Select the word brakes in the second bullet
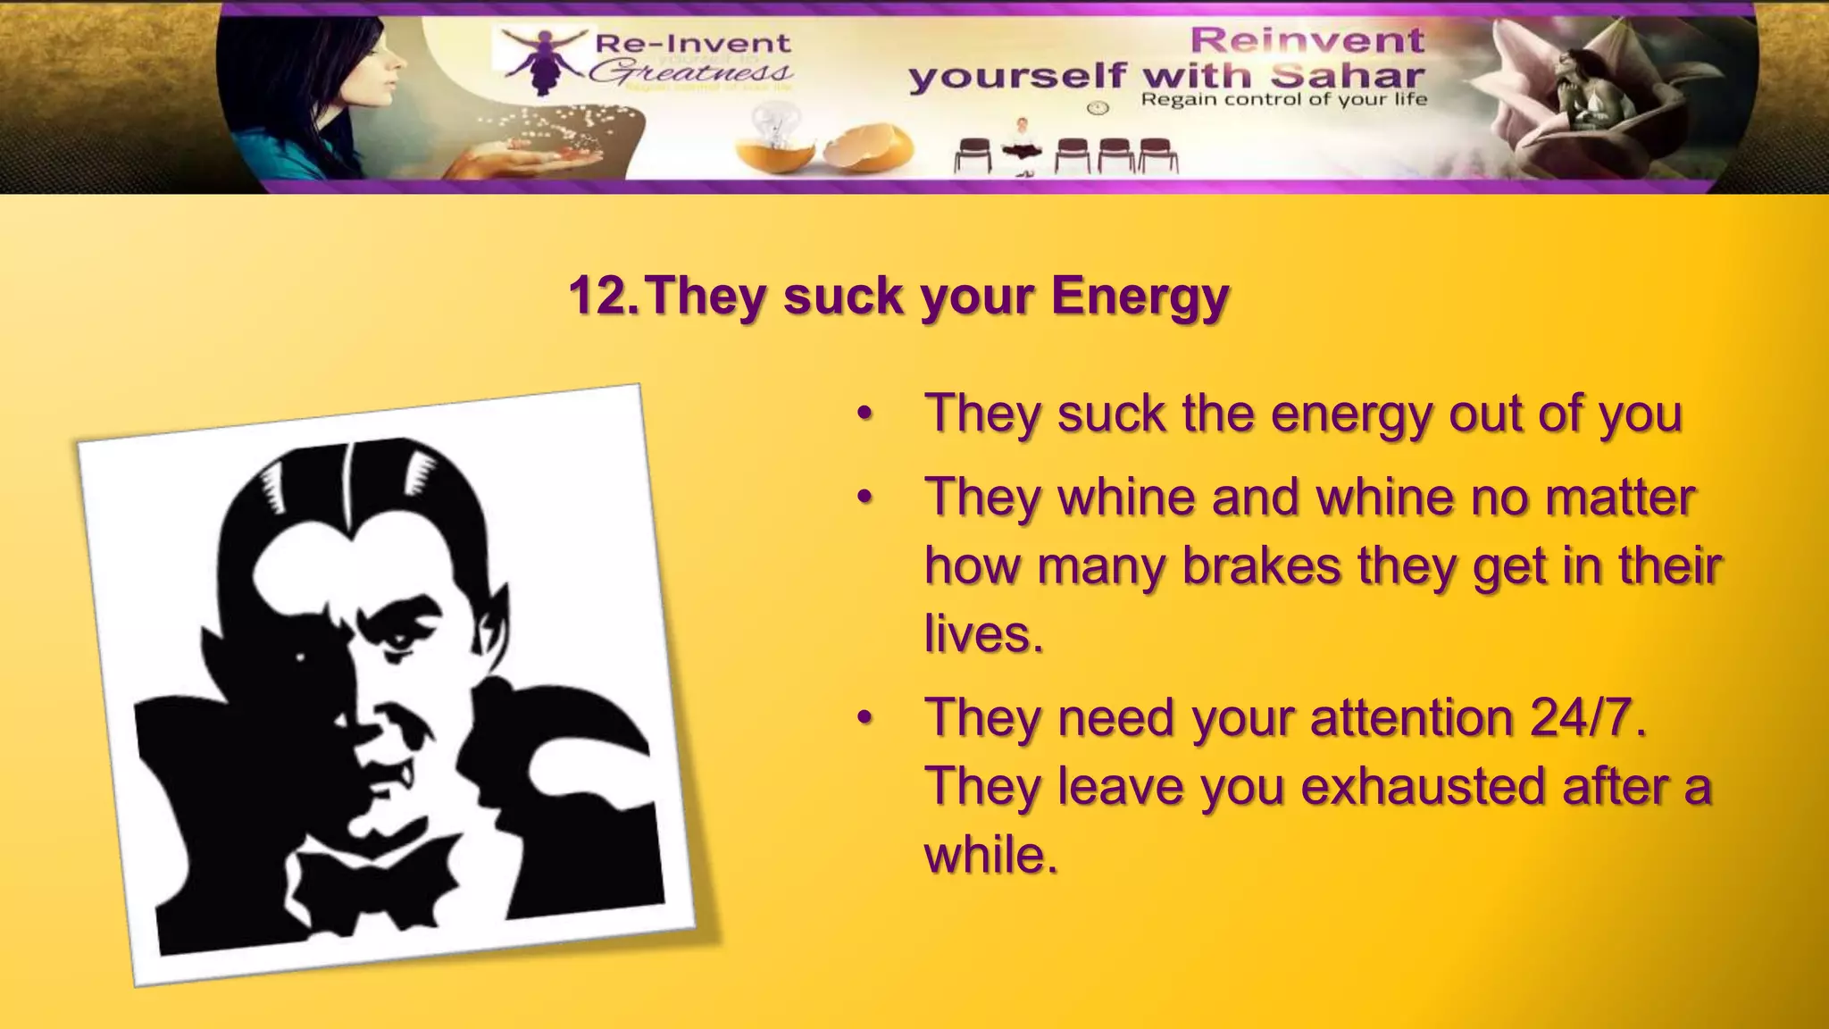click(x=1261, y=566)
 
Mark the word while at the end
click(x=990, y=856)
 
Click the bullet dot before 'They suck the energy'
click(x=863, y=414)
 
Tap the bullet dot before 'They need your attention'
click(x=863, y=718)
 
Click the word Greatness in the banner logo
click(x=690, y=72)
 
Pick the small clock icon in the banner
click(x=1098, y=108)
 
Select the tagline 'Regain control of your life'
click(x=1283, y=100)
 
